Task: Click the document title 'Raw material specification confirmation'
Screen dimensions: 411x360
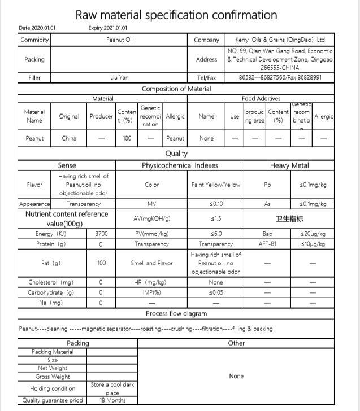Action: (176, 15)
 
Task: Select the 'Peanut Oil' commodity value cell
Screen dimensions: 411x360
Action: (119, 40)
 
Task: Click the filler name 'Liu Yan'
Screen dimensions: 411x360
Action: (119, 77)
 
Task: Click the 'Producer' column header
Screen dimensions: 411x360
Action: (101, 116)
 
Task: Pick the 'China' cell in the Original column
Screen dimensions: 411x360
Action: (69, 138)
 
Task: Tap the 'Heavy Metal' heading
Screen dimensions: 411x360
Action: (289, 165)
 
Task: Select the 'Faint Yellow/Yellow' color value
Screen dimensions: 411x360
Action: (215, 185)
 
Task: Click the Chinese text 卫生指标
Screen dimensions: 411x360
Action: (289, 218)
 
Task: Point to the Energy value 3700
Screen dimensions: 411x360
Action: (101, 234)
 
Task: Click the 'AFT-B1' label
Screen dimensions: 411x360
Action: (267, 244)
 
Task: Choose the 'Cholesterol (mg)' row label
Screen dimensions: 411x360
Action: (51, 282)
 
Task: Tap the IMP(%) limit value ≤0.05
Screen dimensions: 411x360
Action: (215, 292)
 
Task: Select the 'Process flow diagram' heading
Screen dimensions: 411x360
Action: (176, 313)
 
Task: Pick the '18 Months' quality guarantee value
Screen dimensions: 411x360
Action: (112, 400)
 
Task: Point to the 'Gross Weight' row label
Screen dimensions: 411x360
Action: (53, 377)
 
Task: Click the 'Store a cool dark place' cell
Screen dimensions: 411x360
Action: (112, 388)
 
